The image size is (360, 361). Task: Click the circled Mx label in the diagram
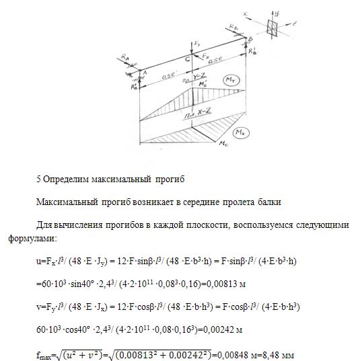click(x=246, y=124)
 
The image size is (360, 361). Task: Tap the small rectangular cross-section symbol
click(x=274, y=28)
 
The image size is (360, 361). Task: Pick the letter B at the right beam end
click(x=250, y=38)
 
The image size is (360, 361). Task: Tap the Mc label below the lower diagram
click(x=221, y=143)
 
